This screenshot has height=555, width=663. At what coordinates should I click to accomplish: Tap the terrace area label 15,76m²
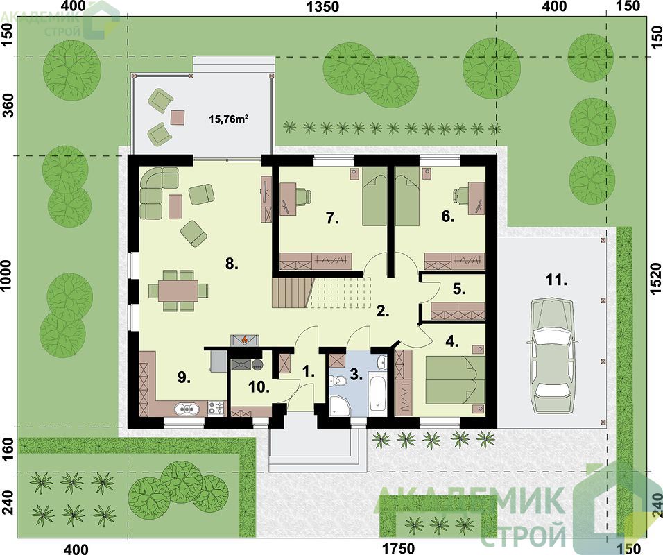(x=228, y=119)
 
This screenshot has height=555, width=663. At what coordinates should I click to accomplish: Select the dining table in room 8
(x=178, y=291)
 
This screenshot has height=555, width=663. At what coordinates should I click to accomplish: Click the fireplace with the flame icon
(x=244, y=341)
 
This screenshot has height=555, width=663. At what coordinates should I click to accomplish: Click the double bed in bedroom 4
(x=455, y=380)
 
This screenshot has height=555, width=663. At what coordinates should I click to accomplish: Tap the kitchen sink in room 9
(x=187, y=409)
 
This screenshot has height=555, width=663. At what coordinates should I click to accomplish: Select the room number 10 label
(x=259, y=386)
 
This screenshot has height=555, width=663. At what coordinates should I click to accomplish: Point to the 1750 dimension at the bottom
(x=399, y=549)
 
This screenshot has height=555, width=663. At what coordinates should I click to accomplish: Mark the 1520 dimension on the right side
(x=655, y=278)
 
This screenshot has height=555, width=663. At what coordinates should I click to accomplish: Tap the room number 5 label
(x=459, y=289)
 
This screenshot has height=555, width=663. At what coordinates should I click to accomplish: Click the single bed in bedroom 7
(x=374, y=196)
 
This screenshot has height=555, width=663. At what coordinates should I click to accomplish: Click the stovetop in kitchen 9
(x=216, y=408)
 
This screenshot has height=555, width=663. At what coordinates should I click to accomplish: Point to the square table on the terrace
(x=178, y=117)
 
